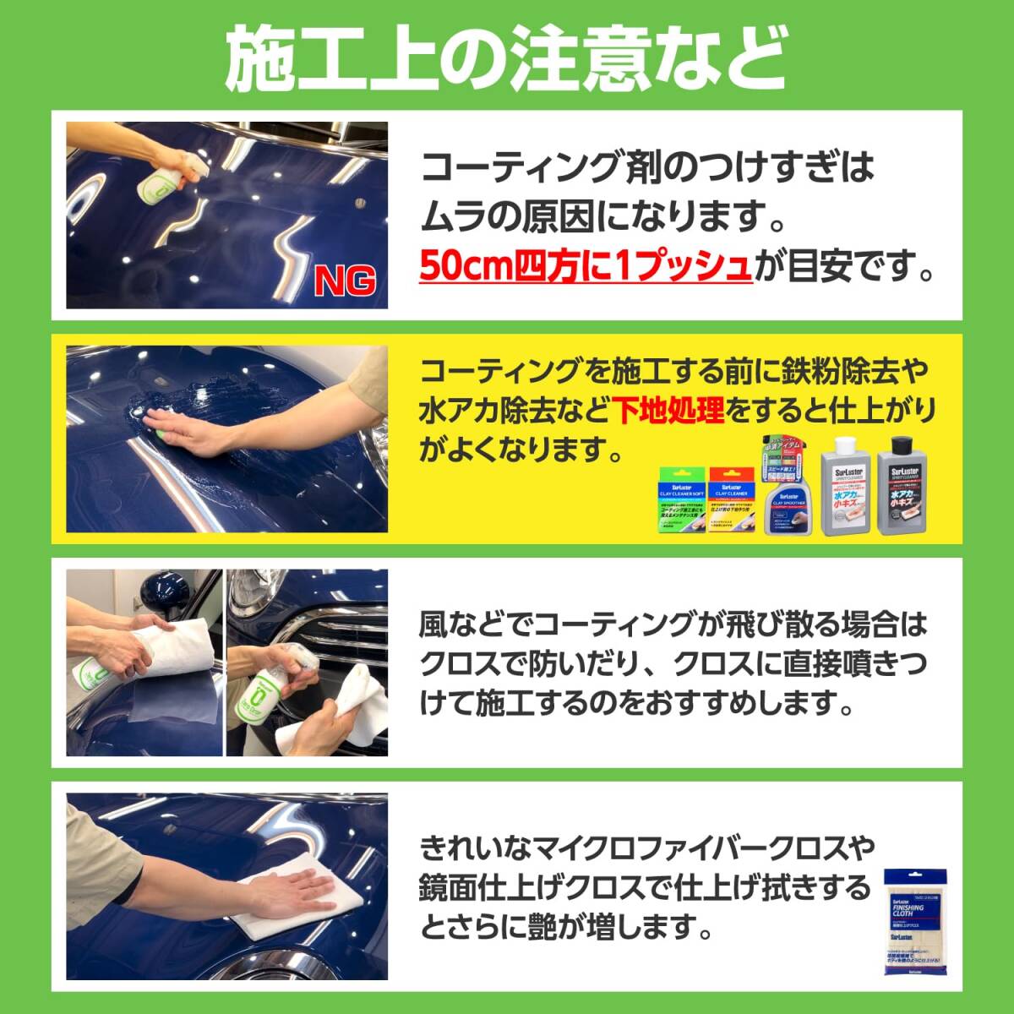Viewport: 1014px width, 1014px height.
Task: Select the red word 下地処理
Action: pyautogui.click(x=669, y=411)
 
